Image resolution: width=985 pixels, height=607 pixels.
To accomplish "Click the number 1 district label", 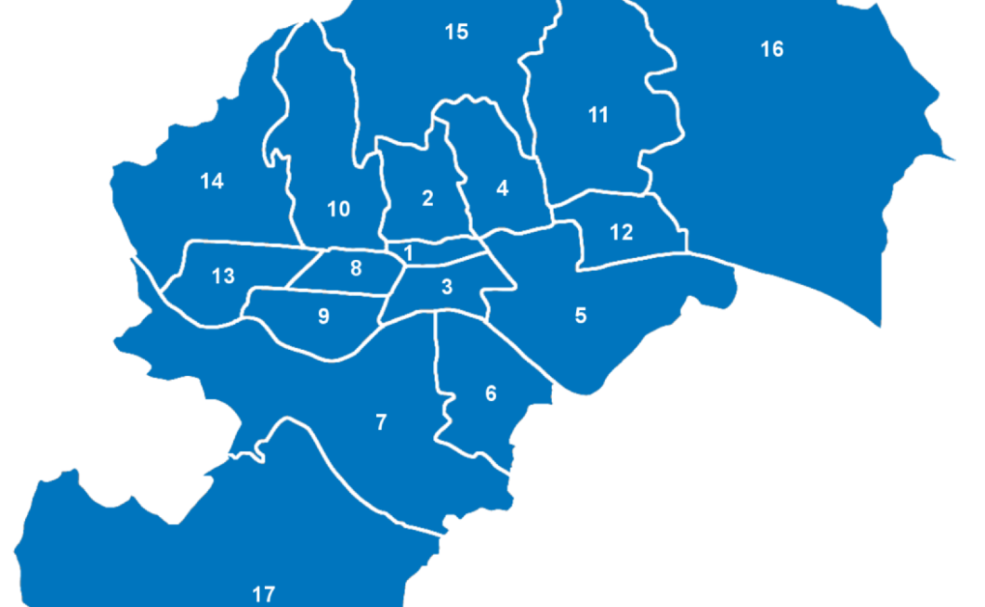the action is click(x=408, y=252).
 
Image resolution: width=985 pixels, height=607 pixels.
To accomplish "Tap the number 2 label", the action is click(x=427, y=198).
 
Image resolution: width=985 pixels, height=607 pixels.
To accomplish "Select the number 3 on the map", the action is click(x=447, y=287).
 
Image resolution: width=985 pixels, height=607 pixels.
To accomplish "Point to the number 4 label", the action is click(x=503, y=188).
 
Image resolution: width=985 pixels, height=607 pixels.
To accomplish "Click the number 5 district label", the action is click(x=581, y=316).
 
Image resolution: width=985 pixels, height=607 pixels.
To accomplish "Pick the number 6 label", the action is click(x=491, y=394).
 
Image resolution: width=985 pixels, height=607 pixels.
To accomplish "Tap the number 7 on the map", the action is click(x=381, y=422).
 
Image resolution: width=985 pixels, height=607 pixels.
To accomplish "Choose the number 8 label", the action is click(x=356, y=269).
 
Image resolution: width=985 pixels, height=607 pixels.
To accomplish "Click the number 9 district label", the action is click(x=323, y=316).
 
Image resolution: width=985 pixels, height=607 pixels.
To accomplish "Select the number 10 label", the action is click(x=339, y=209).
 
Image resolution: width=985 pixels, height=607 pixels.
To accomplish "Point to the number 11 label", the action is click(x=598, y=115).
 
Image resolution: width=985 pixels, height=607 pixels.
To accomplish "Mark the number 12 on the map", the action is click(x=622, y=232).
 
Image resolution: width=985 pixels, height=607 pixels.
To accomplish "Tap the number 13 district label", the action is click(x=223, y=276).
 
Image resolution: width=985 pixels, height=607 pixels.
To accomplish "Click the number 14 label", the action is click(x=212, y=181).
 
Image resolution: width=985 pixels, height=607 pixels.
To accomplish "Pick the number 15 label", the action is click(x=456, y=32).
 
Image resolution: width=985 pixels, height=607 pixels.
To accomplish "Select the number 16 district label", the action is click(x=772, y=49).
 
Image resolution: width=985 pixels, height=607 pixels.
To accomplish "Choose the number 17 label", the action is click(x=264, y=594).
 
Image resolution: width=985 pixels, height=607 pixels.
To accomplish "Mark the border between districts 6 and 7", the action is click(x=438, y=371).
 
